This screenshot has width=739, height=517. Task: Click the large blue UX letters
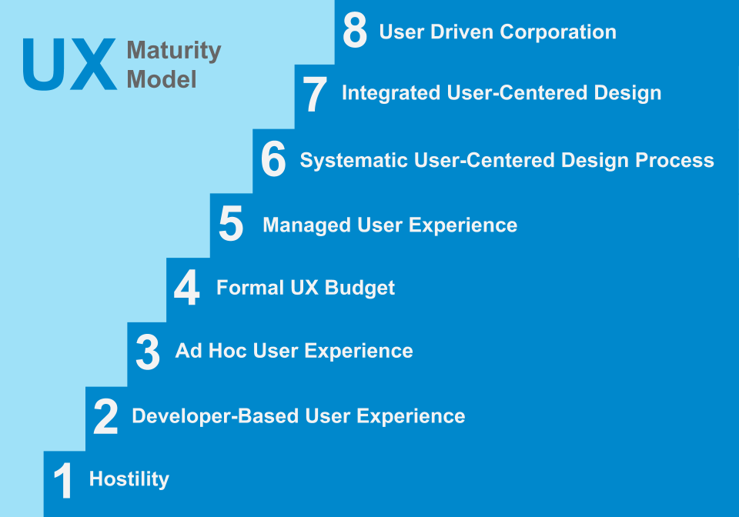point(69,65)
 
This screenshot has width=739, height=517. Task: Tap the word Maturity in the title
point(174,52)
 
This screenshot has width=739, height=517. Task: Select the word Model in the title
point(162,78)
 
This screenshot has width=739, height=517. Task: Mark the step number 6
point(273,162)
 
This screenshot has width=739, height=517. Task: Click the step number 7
point(315,96)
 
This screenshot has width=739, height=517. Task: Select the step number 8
point(355,32)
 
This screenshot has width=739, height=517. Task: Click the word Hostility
point(129,479)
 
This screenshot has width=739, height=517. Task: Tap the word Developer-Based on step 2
point(216,416)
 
